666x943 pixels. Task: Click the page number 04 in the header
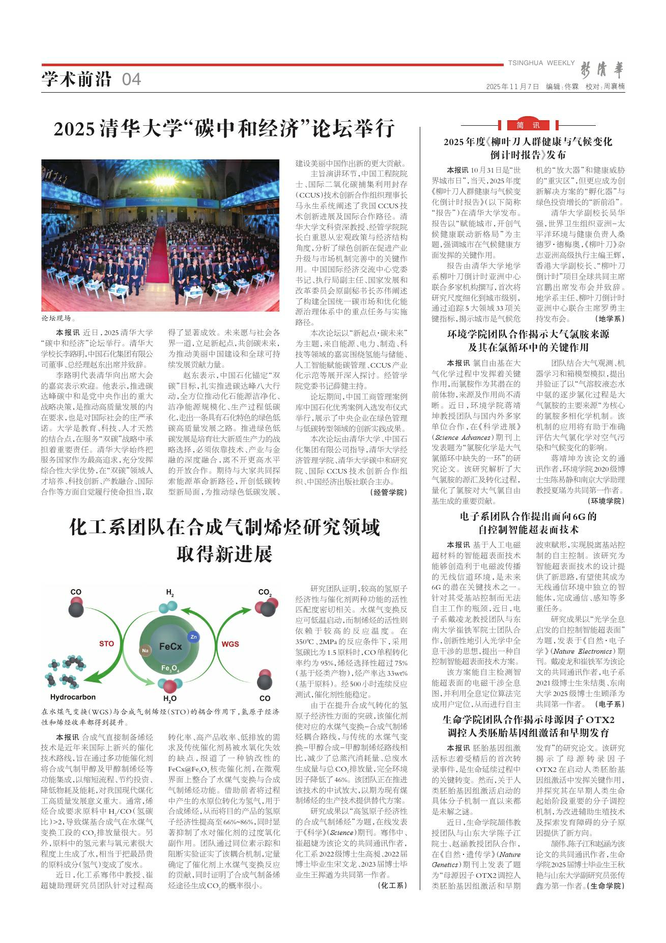131,79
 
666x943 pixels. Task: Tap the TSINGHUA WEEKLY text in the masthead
541,63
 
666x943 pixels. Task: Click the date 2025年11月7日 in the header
512,87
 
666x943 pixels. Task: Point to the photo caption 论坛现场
58,319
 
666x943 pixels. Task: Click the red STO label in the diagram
106,644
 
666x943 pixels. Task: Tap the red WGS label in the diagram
230,644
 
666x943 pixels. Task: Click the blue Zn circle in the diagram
193,636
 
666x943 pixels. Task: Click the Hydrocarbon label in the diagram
73,697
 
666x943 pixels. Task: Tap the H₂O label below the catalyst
169,699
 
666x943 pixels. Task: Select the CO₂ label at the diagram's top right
265,592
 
